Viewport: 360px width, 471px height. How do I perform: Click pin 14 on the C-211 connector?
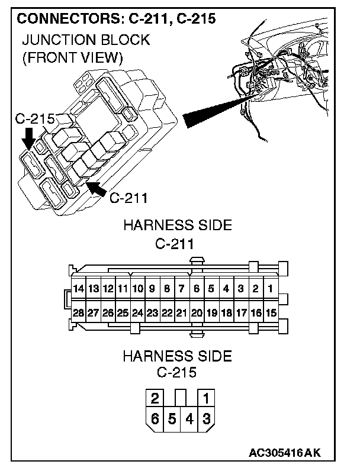click(79, 289)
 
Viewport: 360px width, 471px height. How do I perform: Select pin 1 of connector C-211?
click(269, 289)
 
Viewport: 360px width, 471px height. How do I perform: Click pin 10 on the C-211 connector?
click(137, 289)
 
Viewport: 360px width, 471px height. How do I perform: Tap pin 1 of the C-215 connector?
click(206, 397)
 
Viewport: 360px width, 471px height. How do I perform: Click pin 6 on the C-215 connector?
click(155, 419)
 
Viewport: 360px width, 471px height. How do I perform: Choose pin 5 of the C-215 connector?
click(172, 419)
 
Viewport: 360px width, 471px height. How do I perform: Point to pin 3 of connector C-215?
click(206, 419)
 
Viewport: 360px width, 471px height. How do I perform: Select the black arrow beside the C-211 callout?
click(96, 190)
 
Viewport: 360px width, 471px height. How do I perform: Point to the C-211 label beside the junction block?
click(128, 197)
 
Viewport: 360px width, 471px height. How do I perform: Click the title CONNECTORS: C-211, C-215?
click(116, 18)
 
